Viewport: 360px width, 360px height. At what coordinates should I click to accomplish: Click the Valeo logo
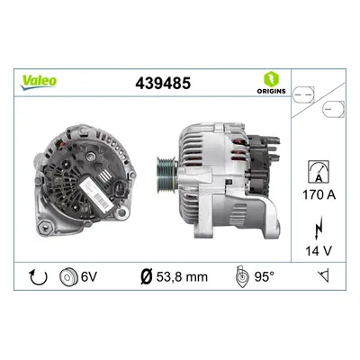pos(39,82)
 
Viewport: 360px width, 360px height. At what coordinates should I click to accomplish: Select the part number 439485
pos(163,83)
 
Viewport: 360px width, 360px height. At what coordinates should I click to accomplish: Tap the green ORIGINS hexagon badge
pos(271,79)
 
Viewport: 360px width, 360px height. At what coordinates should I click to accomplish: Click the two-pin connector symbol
pos(303,94)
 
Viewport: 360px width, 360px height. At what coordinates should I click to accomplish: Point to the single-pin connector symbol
pos(333,109)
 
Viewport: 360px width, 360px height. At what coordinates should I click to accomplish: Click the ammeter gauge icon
pos(319,172)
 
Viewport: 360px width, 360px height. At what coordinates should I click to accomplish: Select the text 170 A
pos(319,195)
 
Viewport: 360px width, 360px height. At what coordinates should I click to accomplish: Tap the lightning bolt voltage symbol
pos(319,228)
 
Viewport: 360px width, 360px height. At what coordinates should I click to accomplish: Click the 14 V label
pos(319,251)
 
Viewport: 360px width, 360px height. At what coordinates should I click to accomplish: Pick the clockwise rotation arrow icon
pos(39,277)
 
